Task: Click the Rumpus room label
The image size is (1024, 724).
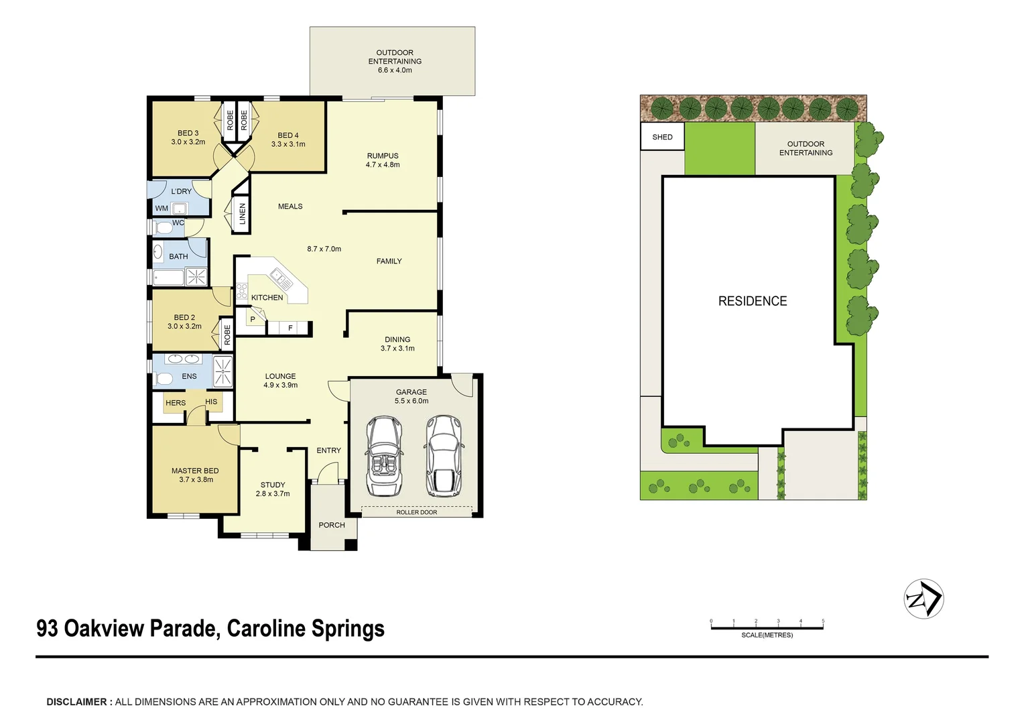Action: pos(383,156)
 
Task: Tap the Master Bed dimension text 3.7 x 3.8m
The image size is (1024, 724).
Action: pos(196,479)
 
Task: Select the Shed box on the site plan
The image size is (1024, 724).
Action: pos(662,136)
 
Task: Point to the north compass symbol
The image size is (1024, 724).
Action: pos(923,599)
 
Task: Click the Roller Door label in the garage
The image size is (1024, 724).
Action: pos(416,512)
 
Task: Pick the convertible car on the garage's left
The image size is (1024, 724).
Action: pos(384,457)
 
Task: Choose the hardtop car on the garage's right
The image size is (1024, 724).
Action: pos(444,456)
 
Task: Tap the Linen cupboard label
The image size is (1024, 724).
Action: pos(243,214)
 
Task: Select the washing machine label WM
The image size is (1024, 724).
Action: pos(162,208)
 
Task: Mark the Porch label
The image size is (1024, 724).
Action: pos(332,525)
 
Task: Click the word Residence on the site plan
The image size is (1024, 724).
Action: pos(753,301)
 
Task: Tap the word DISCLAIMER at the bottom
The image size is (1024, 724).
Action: pos(76,702)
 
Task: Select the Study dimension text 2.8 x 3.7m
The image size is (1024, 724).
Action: pos(273,493)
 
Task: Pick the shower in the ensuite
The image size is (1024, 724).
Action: pos(223,371)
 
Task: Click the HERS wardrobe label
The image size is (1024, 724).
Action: pos(176,403)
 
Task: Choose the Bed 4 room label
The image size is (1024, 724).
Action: pos(288,135)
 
